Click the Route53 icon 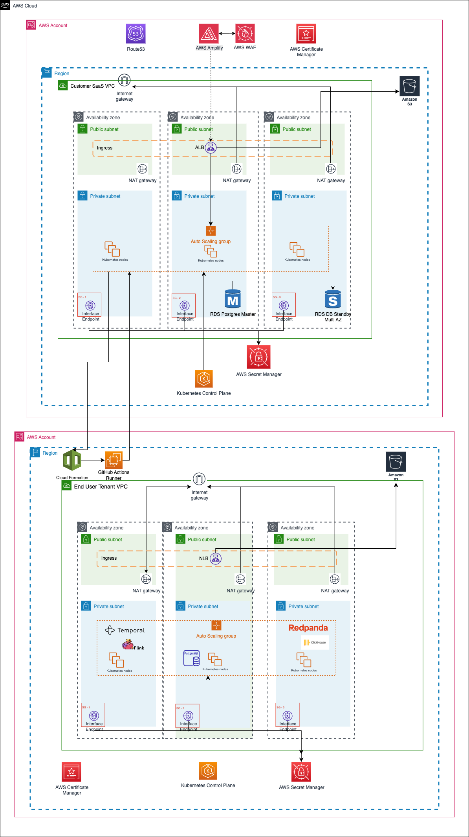coord(136,34)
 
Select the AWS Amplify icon coord(209,34)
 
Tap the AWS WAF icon coord(245,34)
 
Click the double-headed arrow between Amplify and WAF coord(227,33)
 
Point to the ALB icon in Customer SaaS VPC coord(211,148)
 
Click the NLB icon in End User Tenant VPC coord(216,558)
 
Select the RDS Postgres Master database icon coord(233,299)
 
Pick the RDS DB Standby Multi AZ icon coord(333,299)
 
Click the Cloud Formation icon coord(72,460)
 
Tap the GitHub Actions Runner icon coord(114,460)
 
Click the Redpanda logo coord(308,628)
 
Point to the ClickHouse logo coord(315,642)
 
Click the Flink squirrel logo coord(128,644)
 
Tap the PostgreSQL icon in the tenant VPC coord(191,658)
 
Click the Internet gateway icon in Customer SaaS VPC coord(124,81)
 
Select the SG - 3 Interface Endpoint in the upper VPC coord(284,306)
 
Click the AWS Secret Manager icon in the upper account coord(258,357)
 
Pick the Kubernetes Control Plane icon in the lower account coord(208,771)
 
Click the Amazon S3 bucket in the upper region coord(409,86)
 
